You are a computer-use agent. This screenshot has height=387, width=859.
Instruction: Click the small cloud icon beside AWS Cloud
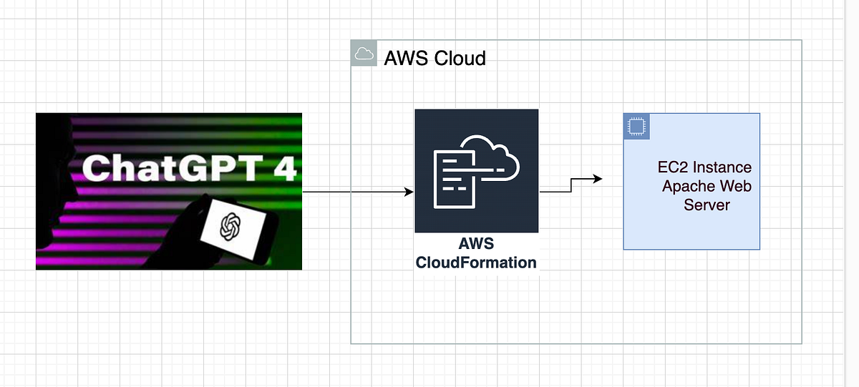[364, 54]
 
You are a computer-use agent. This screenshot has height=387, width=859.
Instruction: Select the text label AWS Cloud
[435, 58]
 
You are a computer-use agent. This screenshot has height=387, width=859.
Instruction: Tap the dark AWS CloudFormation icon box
[476, 170]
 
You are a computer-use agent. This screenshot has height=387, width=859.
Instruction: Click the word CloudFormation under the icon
[476, 263]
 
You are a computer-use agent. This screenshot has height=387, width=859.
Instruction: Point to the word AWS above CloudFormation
[476, 245]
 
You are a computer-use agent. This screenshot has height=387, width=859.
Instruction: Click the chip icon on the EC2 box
[634, 125]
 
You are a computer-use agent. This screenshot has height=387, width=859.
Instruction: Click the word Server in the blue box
[707, 205]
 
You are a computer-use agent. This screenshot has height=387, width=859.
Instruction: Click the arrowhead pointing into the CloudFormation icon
[409, 192]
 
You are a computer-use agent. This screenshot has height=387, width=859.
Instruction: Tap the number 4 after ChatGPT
[284, 168]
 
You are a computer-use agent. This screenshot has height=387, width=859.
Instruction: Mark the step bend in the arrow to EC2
[571, 185]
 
